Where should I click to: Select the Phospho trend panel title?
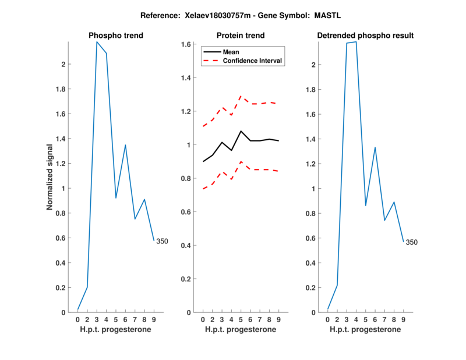click(115, 36)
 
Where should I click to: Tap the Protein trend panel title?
click(240, 36)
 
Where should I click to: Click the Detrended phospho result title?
click(365, 36)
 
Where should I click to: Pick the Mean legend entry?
click(231, 52)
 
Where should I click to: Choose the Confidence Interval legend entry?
click(252, 61)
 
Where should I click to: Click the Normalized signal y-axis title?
click(50, 177)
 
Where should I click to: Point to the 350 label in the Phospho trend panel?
click(162, 241)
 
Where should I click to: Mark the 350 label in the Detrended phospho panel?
click(411, 242)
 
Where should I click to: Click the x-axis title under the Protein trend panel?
click(240, 330)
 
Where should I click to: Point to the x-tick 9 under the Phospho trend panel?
click(154, 320)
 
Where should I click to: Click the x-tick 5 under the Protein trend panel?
click(241, 320)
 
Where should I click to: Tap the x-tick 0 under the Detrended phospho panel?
click(328, 320)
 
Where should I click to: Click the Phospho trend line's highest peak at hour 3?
click(97, 41)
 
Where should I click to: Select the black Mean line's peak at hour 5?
click(241, 131)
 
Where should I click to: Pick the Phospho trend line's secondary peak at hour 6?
click(125, 145)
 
